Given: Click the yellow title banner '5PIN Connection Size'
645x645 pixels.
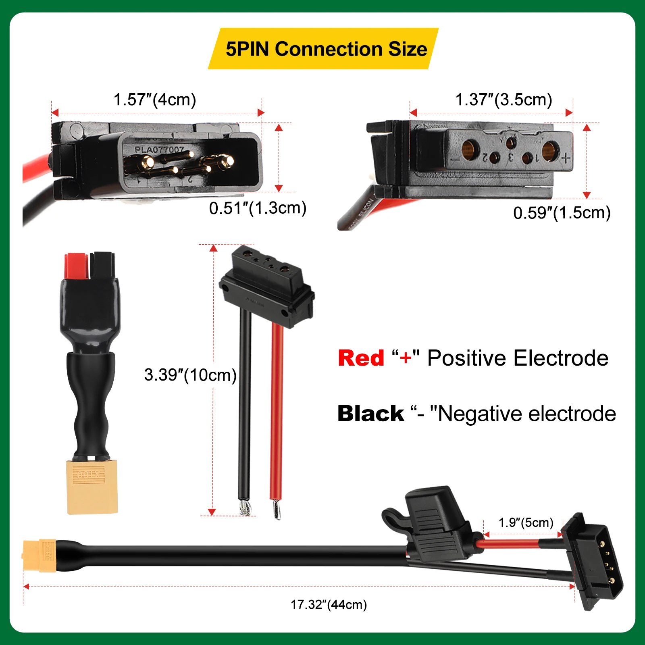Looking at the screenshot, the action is coord(326,49).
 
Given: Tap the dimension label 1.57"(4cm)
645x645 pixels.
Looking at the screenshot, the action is coord(155,100).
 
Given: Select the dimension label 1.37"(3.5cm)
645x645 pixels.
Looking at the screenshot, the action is coord(504,100).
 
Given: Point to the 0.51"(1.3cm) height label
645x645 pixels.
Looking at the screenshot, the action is coord(258,208).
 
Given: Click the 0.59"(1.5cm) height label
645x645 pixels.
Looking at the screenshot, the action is coord(562,213).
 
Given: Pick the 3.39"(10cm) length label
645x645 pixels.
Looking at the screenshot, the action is coord(190,375).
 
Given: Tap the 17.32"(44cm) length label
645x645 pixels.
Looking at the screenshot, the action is coord(329,605).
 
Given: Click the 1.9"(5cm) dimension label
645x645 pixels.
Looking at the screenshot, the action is coord(526,522).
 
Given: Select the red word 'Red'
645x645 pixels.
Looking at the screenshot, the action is coord(361,358).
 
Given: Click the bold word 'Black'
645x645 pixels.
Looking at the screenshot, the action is coord(370,414).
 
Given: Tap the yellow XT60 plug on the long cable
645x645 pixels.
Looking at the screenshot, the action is coord(39,555).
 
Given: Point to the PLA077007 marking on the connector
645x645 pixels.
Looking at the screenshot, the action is coord(159,150).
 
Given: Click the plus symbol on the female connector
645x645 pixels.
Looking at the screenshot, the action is coord(566,158).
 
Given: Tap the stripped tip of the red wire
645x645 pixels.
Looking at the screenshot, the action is coord(276,509).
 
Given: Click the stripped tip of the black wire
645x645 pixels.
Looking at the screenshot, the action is coord(244,507).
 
